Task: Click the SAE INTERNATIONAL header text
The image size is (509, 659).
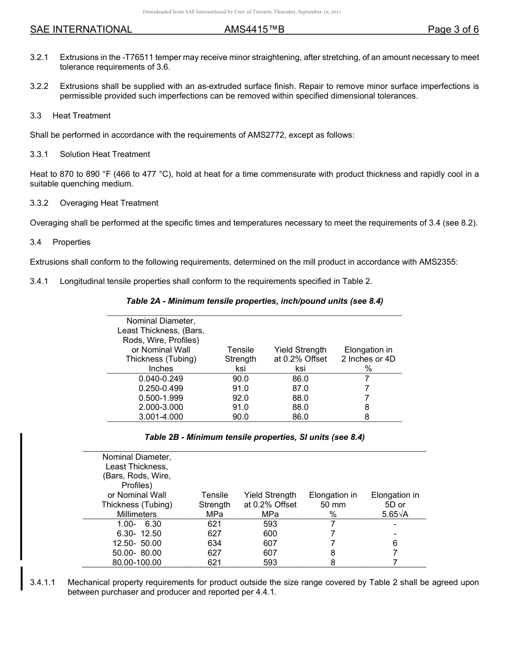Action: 81,29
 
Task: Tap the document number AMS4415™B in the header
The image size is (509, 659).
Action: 254,29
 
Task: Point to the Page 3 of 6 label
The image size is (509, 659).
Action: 453,29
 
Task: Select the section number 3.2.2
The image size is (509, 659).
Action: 39,86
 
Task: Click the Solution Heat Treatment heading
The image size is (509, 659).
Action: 105,154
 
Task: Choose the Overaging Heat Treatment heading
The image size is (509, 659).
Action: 109,203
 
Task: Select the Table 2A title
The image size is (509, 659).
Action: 254,301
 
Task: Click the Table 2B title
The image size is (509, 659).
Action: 254,437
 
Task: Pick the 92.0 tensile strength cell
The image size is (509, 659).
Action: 241,398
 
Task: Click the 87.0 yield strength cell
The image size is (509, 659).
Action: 300,388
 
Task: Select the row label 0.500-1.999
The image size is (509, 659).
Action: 161,398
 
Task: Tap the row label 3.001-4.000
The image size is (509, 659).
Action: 161,417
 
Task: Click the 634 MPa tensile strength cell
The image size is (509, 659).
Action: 214,543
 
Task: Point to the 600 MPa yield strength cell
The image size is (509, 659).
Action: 270,534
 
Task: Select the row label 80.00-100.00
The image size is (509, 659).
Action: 137,563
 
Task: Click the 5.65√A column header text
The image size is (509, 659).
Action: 394,514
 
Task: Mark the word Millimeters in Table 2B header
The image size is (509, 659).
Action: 137,514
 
